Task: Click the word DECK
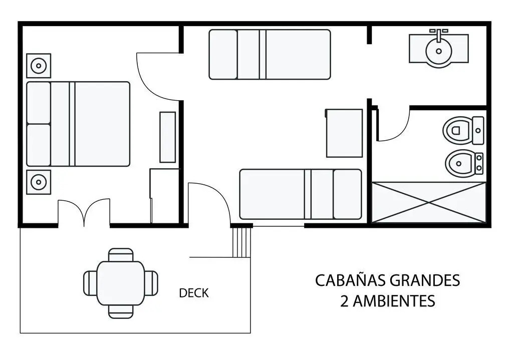coord(194,293)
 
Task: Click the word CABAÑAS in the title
coord(351,280)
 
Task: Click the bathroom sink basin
coord(439,51)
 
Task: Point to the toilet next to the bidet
coord(463,131)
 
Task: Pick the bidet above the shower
coord(464,163)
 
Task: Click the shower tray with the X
coord(429,202)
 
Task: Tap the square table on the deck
coord(121,283)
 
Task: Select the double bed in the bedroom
coord(78,124)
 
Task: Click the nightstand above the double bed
coord(39,66)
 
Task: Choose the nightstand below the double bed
coord(39,182)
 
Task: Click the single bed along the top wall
coord(270,55)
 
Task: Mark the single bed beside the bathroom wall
coord(301,194)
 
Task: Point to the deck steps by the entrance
coord(241,242)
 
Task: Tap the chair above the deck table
coord(121,255)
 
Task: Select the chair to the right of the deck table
coord(151,283)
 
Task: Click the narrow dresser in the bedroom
coord(167,137)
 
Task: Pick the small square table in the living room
coord(344,133)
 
